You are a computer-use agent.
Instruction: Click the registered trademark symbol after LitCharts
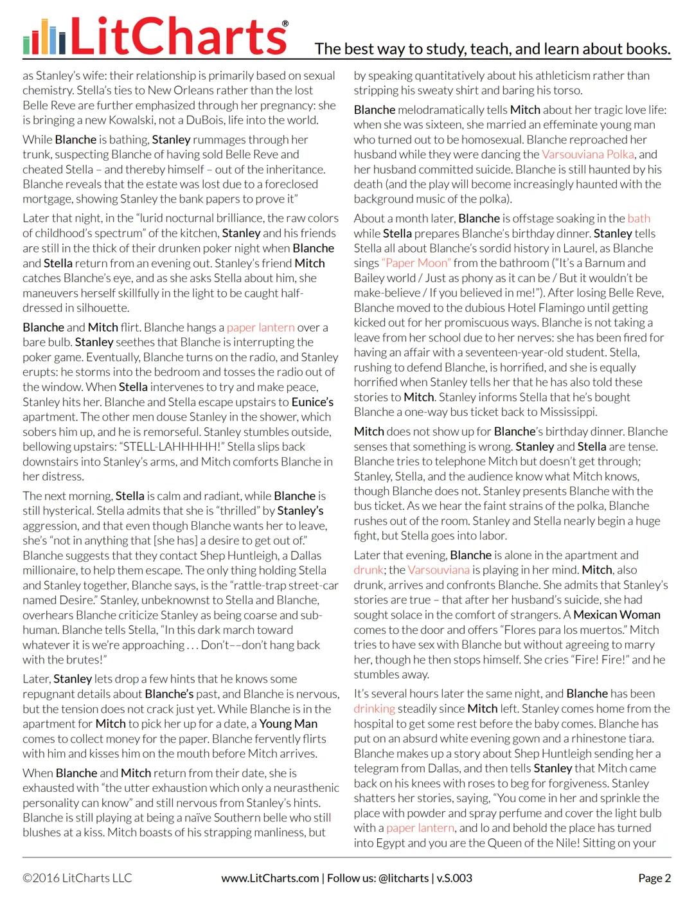[285, 24]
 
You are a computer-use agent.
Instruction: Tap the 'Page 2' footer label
[654, 878]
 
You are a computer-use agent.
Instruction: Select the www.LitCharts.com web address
[270, 878]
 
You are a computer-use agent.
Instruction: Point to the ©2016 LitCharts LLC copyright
[77, 878]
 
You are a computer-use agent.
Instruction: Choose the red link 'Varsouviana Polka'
[588, 154]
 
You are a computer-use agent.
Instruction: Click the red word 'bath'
[639, 219]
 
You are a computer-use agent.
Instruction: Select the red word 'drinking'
[374, 708]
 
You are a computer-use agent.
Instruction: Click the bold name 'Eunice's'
[312, 402]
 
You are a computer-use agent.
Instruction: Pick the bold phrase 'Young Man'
[289, 724]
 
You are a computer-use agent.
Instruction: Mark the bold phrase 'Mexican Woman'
[617, 615]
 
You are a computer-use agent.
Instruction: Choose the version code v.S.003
[454, 878]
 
